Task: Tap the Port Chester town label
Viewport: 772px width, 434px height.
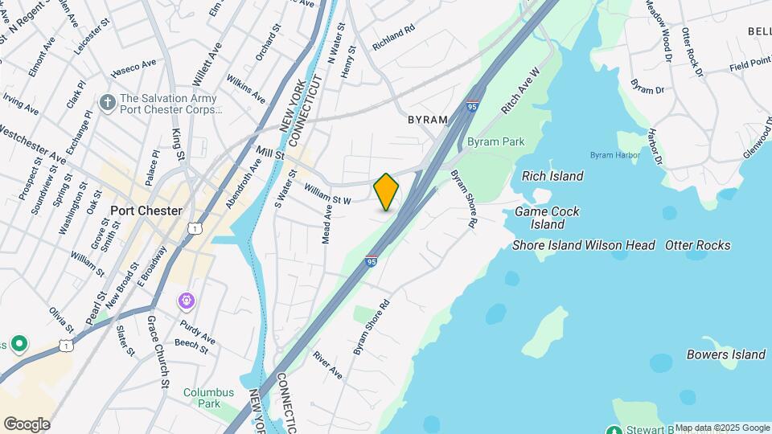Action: (x=146, y=211)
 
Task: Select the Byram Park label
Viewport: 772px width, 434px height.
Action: (x=495, y=141)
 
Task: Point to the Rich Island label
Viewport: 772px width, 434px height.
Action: (x=552, y=176)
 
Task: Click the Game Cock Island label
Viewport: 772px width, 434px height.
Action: (x=548, y=218)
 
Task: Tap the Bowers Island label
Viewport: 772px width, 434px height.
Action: (x=725, y=354)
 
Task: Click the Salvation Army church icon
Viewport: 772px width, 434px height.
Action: (x=107, y=103)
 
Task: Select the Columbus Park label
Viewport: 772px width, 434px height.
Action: (x=208, y=398)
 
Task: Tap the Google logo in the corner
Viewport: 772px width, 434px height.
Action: (x=27, y=424)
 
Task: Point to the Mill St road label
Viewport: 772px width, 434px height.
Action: (x=271, y=153)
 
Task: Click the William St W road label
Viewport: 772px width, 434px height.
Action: (x=328, y=194)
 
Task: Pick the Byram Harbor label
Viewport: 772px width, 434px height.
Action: (x=614, y=154)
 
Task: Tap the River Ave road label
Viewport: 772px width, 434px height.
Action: (x=328, y=366)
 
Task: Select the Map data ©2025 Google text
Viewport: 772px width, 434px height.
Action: (x=722, y=428)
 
